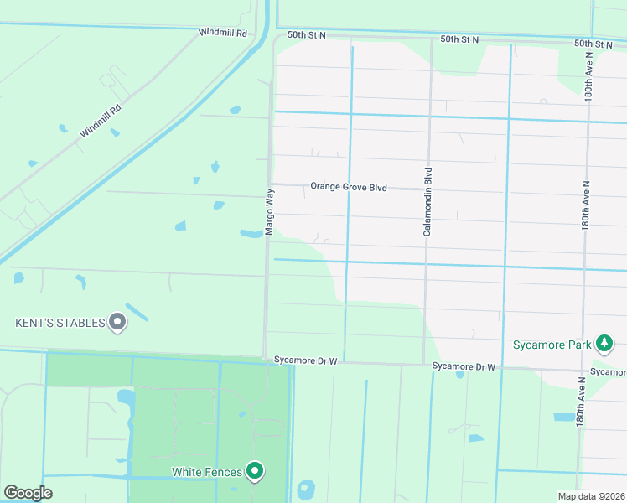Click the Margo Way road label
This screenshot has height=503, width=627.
click(x=270, y=212)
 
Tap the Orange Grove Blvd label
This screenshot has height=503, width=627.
click(x=349, y=188)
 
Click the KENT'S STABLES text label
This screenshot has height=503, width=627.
click(x=60, y=322)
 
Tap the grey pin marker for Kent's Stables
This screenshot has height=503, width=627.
click(x=118, y=321)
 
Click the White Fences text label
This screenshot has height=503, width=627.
click(x=207, y=472)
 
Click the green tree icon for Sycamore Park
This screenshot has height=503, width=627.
click(x=604, y=343)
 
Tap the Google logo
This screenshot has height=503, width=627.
click(x=28, y=492)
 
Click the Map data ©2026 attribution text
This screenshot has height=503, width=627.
click(x=590, y=496)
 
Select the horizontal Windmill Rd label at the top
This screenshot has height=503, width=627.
click(x=223, y=34)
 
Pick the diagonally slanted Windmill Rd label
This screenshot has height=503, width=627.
click(x=101, y=121)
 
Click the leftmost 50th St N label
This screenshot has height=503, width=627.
click(x=306, y=36)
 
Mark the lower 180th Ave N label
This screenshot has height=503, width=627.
click(x=579, y=404)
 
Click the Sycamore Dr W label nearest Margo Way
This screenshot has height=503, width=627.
click(x=305, y=360)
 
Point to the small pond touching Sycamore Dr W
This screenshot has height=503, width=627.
click(x=460, y=374)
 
